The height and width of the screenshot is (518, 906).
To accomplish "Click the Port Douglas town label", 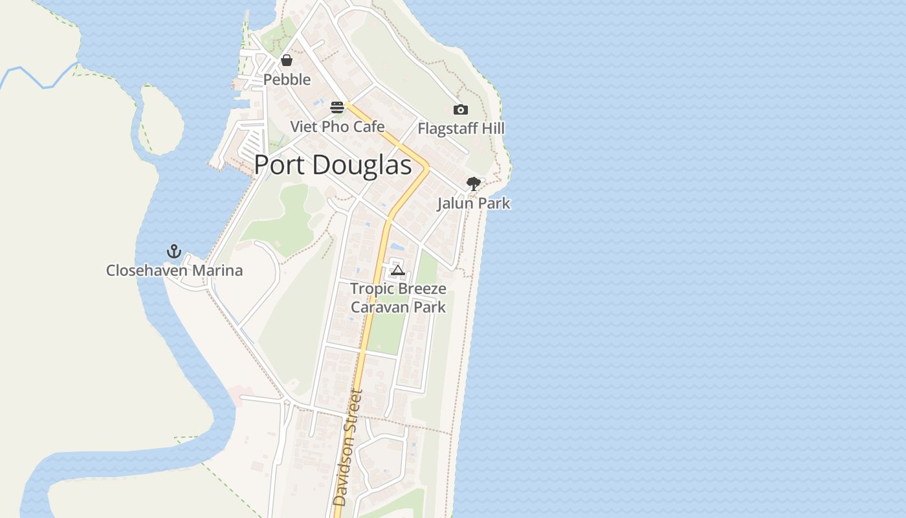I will [333, 166].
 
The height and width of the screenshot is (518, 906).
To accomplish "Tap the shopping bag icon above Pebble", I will [287, 60].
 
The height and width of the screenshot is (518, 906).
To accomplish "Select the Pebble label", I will [287, 80].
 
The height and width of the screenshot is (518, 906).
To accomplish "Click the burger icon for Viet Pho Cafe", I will [337, 107].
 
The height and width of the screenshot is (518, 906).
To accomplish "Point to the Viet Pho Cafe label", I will [337, 127].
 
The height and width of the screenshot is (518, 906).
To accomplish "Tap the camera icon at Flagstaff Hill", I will [461, 109].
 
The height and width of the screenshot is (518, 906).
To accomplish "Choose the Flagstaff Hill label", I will [461, 129].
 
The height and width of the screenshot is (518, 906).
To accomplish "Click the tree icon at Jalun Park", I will [474, 184].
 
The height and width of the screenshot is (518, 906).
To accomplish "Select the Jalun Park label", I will [474, 203].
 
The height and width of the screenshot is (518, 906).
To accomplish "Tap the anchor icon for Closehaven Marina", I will [174, 251].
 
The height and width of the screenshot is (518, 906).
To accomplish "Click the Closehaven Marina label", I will [175, 271].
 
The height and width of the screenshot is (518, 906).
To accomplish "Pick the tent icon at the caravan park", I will [398, 270].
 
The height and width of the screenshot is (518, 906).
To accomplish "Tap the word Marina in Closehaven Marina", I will [221, 271].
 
